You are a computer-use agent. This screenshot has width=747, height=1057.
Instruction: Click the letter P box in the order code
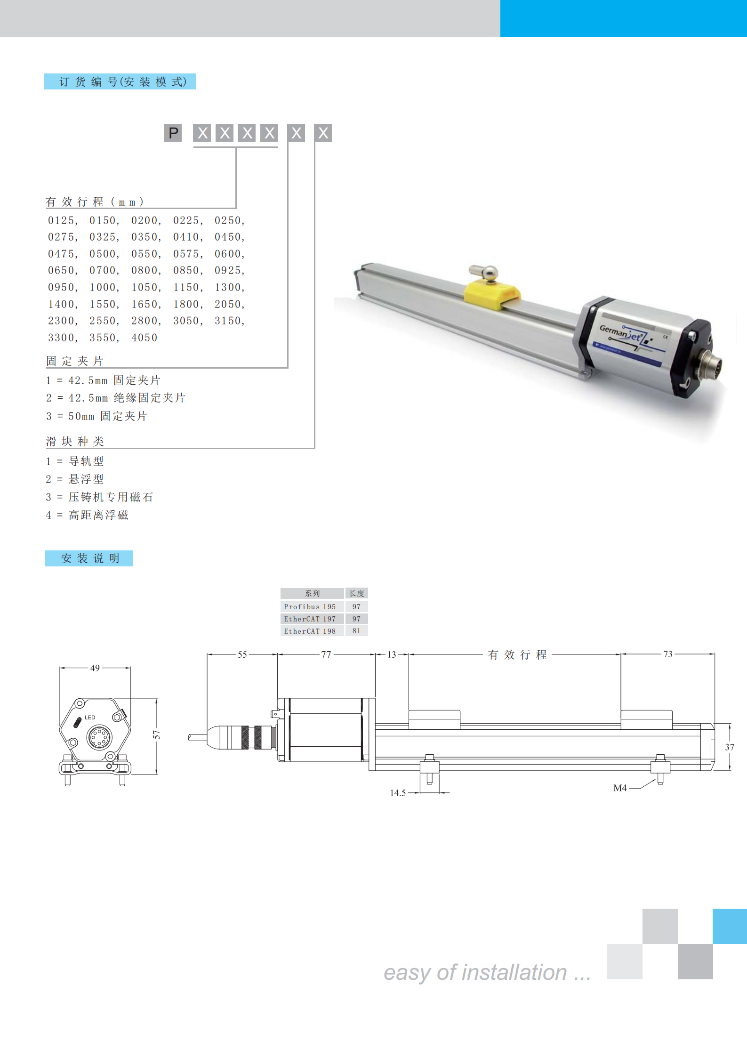click(x=173, y=133)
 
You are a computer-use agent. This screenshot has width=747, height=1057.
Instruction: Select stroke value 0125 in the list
click(x=61, y=220)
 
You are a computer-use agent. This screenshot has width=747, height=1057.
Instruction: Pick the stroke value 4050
click(x=145, y=338)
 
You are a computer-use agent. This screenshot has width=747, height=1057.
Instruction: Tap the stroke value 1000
click(x=103, y=287)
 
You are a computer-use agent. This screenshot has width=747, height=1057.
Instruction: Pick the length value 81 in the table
click(x=356, y=631)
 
